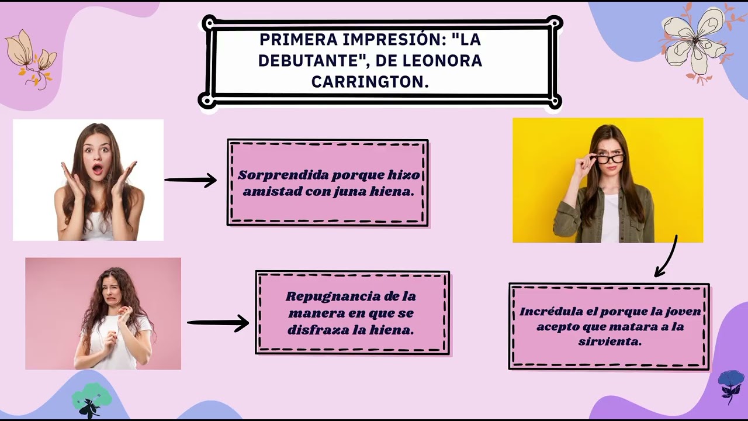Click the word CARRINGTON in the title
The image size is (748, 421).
point(370,81)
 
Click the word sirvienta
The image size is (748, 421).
point(610,341)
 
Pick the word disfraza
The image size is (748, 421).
point(316,330)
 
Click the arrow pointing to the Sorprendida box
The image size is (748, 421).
point(191,180)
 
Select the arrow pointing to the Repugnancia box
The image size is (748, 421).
point(217,322)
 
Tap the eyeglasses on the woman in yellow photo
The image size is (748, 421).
point(609,158)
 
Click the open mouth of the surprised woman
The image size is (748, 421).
point(97,170)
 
